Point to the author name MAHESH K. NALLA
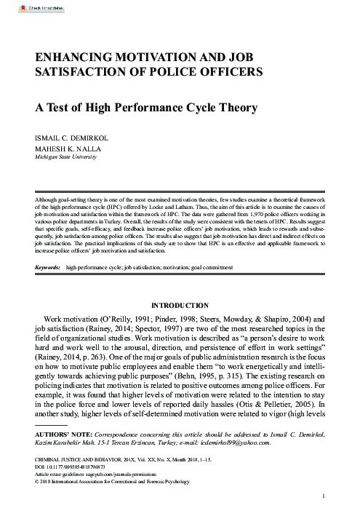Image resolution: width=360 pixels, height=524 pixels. pos(65,147)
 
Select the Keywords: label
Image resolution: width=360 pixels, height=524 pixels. pos(47,267)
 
